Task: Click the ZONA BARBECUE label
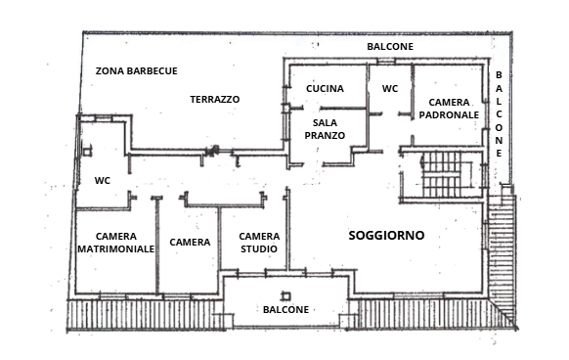click(137, 70)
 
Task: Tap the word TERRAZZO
click(215, 99)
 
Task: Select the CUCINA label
click(325, 89)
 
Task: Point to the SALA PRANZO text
click(325, 129)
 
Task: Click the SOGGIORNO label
click(386, 236)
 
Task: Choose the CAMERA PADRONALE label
click(449, 109)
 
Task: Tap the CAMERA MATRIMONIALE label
click(116, 243)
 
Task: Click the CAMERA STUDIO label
click(259, 243)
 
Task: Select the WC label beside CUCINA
click(390, 89)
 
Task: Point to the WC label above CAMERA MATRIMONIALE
click(103, 181)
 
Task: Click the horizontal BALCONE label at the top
click(390, 47)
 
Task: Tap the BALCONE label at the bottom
click(285, 309)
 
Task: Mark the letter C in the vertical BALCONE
click(499, 114)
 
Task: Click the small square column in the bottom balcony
click(286, 296)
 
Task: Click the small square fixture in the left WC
click(87, 151)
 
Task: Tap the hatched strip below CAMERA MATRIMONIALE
click(145, 315)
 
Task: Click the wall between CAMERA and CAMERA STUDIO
click(220, 239)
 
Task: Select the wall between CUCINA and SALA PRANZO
click(342, 108)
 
